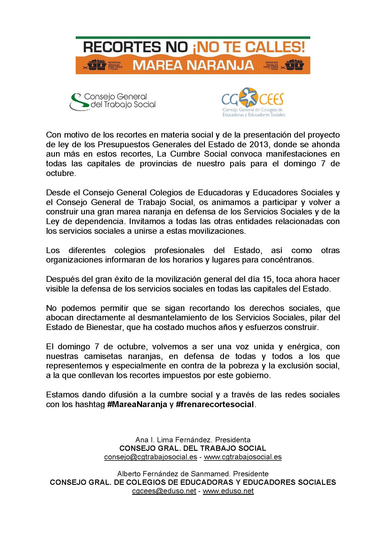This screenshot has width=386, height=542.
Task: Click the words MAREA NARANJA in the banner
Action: [x=193, y=65]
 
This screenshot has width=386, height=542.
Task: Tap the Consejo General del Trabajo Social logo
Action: [x=112, y=101]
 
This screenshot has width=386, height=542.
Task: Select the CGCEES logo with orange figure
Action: [x=253, y=102]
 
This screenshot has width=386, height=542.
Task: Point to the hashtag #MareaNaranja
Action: [x=137, y=404]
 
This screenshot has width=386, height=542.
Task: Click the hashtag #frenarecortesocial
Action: [x=215, y=404]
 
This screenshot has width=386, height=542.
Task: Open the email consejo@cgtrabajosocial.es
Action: [x=151, y=457]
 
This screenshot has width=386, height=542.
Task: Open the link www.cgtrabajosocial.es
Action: [x=242, y=457]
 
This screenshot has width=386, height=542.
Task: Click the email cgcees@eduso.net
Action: [x=164, y=491]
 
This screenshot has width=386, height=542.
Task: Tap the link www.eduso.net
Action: [x=228, y=491]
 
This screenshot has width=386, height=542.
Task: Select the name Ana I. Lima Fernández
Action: [x=173, y=440]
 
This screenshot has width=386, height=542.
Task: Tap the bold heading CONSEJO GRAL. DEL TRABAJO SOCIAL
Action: [x=193, y=448]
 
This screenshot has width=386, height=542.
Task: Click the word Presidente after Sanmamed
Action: [x=252, y=474]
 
